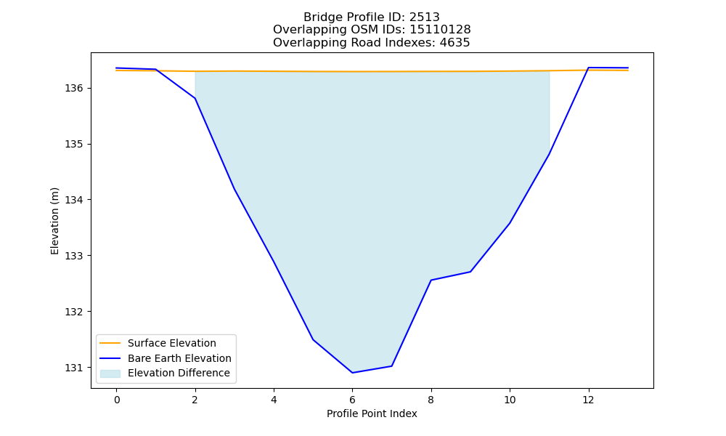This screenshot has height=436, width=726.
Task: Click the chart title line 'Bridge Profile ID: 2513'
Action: (x=371, y=17)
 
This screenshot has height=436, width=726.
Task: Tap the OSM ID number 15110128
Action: (x=440, y=30)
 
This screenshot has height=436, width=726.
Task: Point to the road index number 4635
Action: (x=454, y=43)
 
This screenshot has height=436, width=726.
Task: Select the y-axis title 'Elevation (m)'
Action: (x=54, y=221)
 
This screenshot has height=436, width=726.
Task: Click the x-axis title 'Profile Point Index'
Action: (x=372, y=413)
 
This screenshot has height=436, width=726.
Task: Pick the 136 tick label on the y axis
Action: (x=73, y=88)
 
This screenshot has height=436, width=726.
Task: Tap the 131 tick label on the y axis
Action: (x=73, y=368)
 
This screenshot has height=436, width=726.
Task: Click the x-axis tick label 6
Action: (x=352, y=400)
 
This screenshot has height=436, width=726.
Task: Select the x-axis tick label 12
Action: (x=588, y=400)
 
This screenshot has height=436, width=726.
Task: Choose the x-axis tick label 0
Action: (x=117, y=400)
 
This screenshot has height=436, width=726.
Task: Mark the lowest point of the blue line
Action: (x=352, y=373)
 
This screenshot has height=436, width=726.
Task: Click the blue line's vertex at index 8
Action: (x=431, y=280)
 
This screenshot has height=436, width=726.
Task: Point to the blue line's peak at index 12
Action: (x=588, y=68)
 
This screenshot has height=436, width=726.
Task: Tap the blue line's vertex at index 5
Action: (x=313, y=339)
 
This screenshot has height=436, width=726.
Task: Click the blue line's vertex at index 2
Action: (x=195, y=98)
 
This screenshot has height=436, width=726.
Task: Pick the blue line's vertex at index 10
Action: (x=510, y=223)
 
